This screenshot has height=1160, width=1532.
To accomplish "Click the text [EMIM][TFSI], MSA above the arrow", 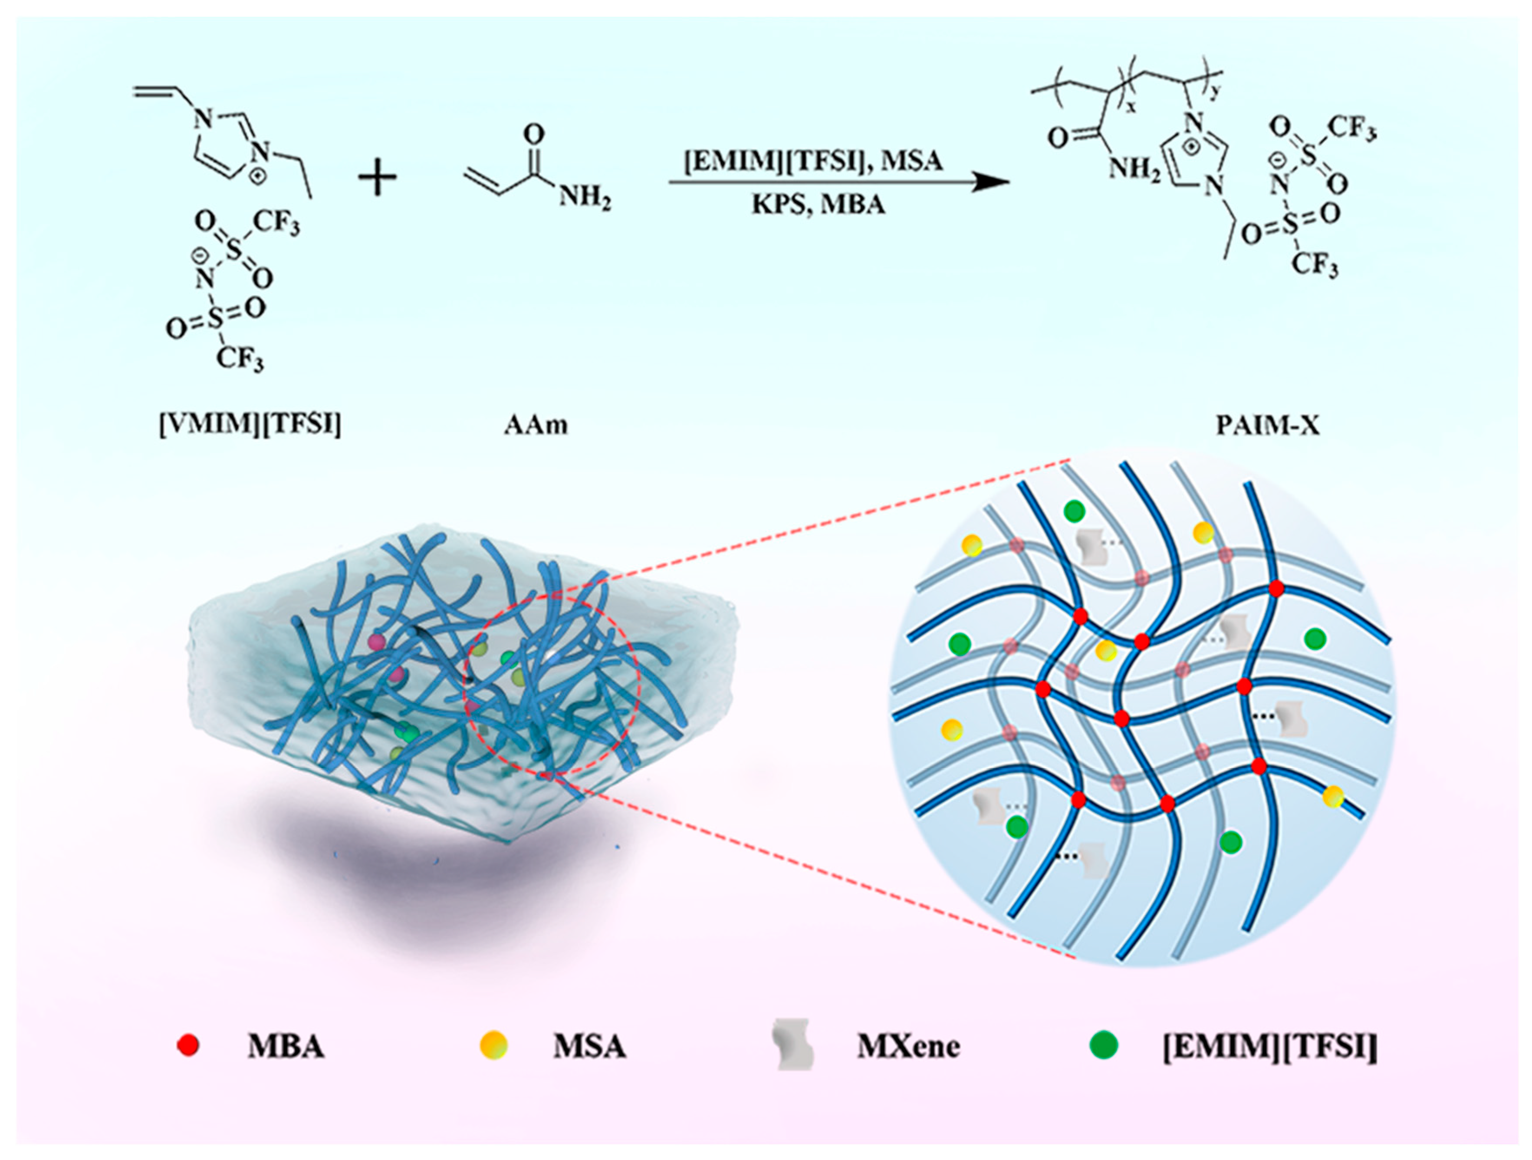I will click(x=814, y=161).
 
